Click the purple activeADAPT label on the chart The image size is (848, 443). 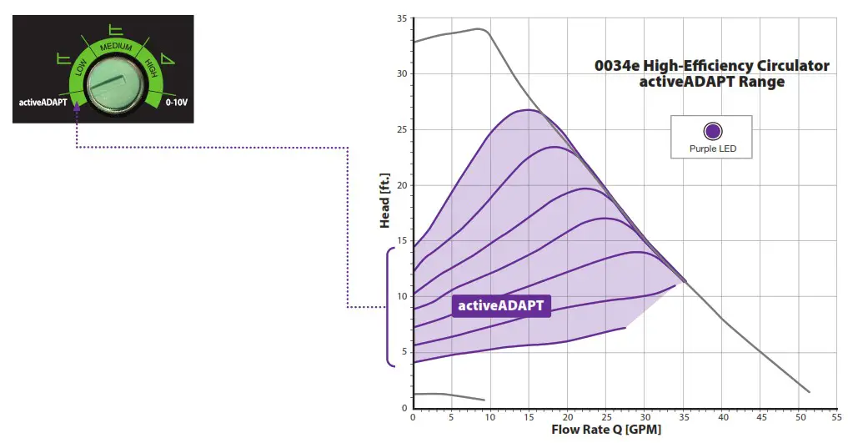[x=501, y=305]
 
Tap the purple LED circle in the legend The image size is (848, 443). [x=712, y=132]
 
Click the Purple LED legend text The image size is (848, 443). [x=712, y=150]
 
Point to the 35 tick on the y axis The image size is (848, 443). [x=403, y=18]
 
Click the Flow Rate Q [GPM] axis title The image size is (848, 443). [x=607, y=430]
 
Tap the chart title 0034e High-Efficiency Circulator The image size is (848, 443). [x=711, y=66]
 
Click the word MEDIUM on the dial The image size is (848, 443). [x=116, y=48]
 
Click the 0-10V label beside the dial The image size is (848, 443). [x=177, y=103]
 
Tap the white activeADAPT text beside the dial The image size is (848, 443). [x=43, y=103]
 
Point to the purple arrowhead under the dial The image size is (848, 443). [x=77, y=106]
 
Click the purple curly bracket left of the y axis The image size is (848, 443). [x=389, y=307]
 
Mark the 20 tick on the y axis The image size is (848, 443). [x=403, y=185]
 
